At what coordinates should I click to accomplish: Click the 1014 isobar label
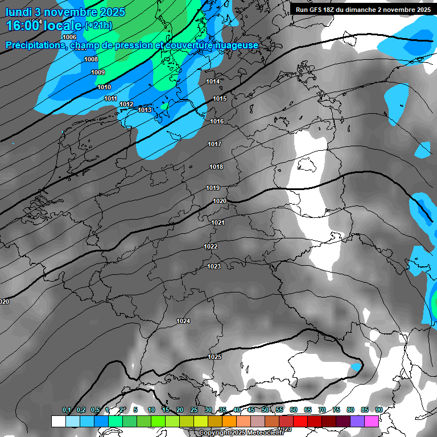click(213, 81)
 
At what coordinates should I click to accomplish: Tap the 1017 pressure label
click(215, 144)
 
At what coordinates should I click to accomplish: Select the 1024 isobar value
click(183, 321)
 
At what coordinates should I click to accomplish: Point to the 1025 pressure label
click(215, 357)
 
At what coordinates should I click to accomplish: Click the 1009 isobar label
click(98, 72)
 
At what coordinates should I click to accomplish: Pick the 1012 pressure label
click(126, 104)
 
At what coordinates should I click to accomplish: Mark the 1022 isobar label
click(211, 246)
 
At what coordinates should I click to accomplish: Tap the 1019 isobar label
click(213, 188)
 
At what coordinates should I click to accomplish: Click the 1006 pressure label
click(69, 37)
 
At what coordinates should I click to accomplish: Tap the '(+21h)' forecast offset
click(98, 26)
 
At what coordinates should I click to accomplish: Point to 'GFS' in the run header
click(319, 10)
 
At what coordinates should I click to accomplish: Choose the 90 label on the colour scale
click(378, 410)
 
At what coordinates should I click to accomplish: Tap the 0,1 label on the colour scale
click(67, 410)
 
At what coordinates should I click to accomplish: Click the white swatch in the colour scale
click(58, 421)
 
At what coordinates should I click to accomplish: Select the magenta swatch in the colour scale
click(372, 421)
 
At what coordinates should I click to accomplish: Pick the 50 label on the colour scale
click(265, 410)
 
